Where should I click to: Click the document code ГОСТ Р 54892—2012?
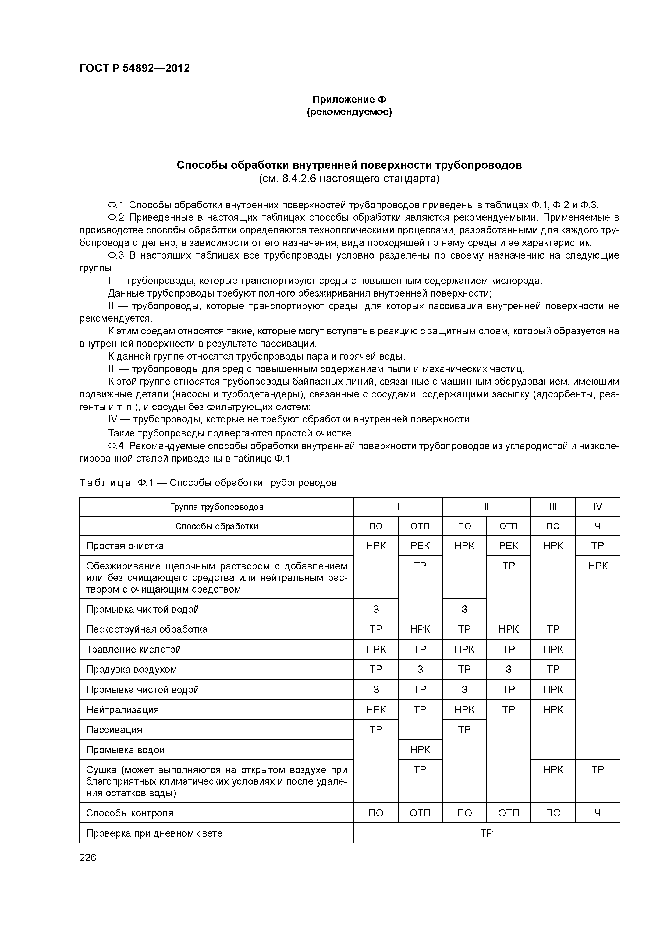coord(134,68)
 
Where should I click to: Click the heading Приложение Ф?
coord(349,100)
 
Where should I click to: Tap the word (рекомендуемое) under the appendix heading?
coord(349,112)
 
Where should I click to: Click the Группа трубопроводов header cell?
coord(217,506)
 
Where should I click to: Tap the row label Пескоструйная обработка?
coord(147,629)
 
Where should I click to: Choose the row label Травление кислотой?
coord(134,649)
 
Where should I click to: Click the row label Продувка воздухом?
coord(132,669)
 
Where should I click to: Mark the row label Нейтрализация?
coord(122,710)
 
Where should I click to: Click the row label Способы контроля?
coord(130,813)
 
